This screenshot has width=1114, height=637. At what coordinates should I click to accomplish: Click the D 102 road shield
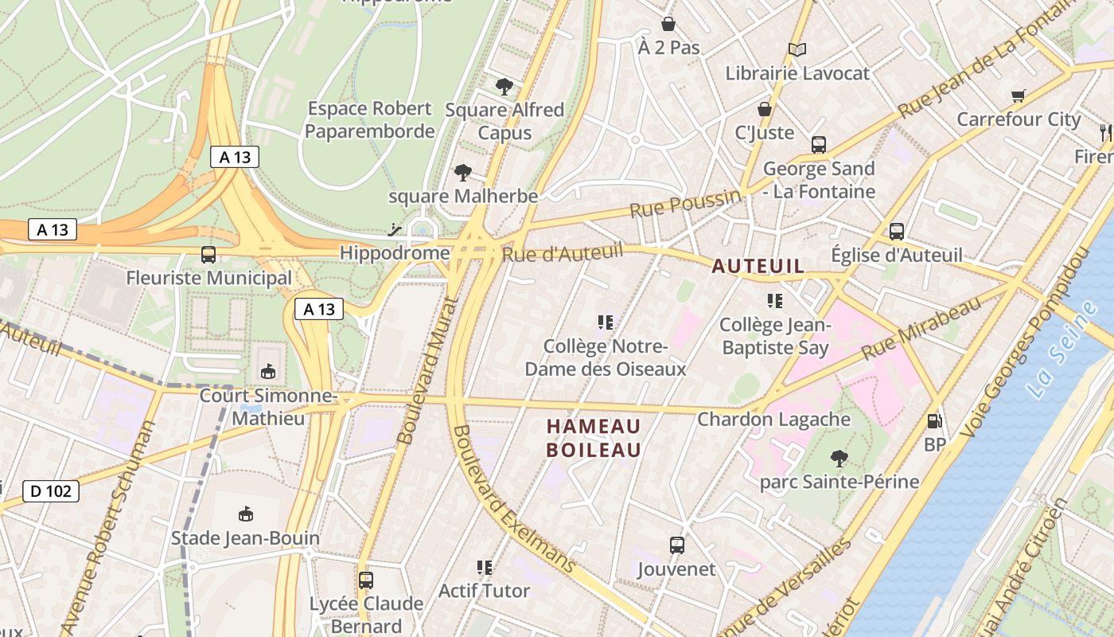(x=51, y=491)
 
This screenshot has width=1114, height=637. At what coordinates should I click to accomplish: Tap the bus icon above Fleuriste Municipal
(x=208, y=255)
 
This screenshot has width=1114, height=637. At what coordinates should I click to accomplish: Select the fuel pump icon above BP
(x=935, y=421)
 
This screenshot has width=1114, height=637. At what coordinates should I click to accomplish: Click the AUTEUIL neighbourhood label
(x=758, y=267)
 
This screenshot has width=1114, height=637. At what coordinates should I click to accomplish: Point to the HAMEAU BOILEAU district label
(x=594, y=438)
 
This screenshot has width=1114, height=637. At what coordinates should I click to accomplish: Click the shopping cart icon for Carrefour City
(x=1018, y=96)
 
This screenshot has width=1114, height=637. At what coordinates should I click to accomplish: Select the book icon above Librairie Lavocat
(x=797, y=50)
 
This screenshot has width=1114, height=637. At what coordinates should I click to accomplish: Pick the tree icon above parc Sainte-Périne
(x=839, y=459)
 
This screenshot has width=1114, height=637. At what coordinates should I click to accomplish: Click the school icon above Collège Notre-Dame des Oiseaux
(x=606, y=322)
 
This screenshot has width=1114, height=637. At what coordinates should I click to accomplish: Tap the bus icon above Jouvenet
(x=676, y=545)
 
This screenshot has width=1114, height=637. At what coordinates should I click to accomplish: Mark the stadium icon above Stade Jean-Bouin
(x=245, y=514)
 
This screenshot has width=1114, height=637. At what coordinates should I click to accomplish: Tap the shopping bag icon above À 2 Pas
(x=668, y=25)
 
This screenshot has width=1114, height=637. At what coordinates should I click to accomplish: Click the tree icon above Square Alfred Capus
(x=504, y=87)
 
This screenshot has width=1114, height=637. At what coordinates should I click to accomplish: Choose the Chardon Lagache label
(x=773, y=419)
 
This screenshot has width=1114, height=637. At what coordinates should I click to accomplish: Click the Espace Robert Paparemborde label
(x=369, y=119)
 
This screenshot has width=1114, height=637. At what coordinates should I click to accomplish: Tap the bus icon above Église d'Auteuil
(x=897, y=232)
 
